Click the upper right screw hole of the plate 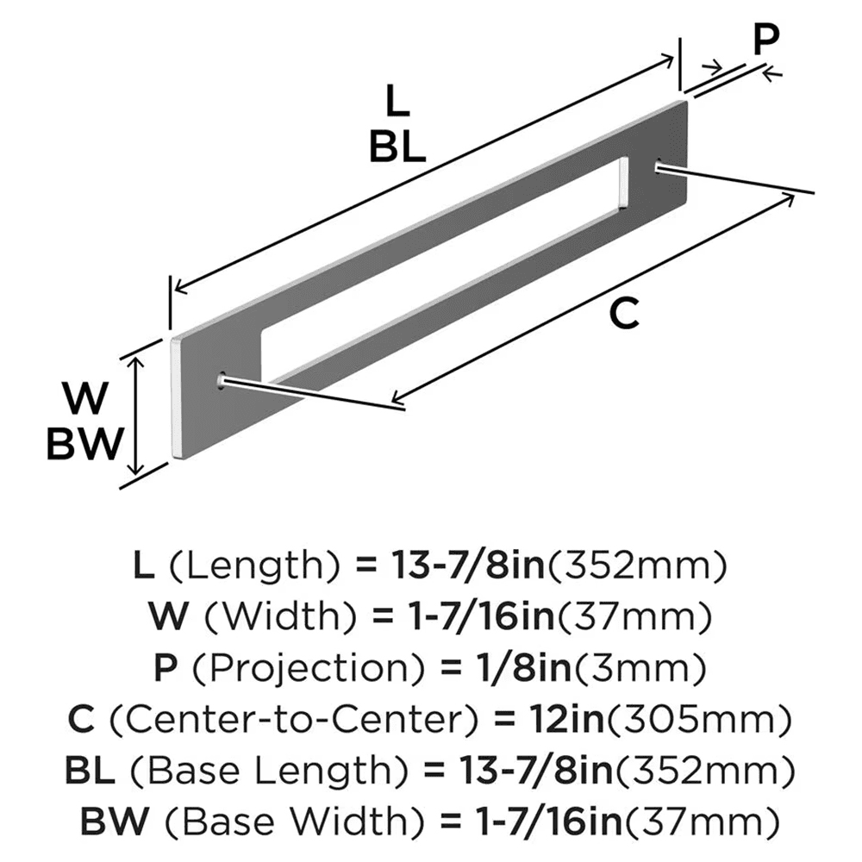(660, 166)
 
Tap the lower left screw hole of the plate (222, 378)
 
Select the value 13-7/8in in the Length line (451, 566)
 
